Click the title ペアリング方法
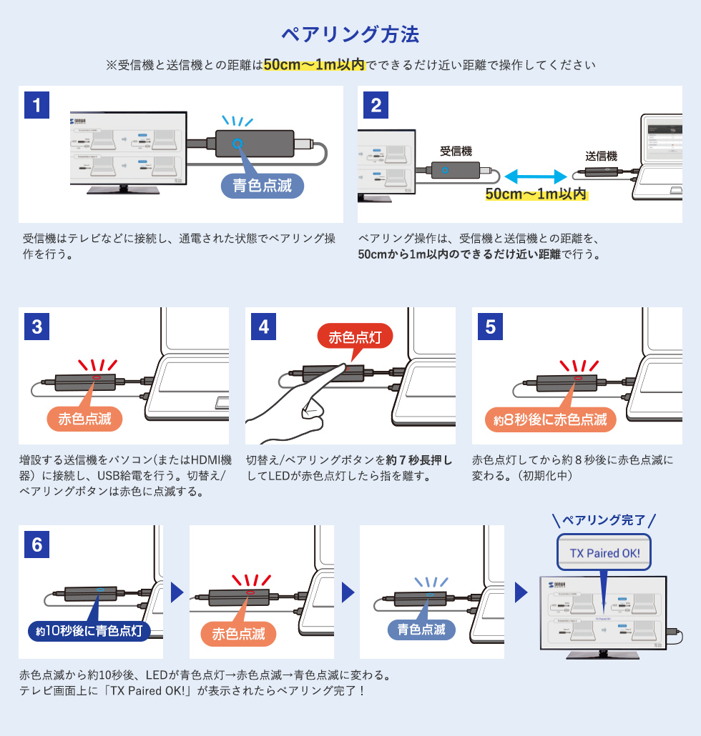tap(350, 34)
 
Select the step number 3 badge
tap(36, 327)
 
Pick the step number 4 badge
tap(264, 327)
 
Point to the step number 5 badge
tap(490, 327)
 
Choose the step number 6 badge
tap(36, 544)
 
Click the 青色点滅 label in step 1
tap(262, 186)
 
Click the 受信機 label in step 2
tap(456, 151)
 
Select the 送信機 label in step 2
tap(601, 156)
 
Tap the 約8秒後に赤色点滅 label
tap(549, 419)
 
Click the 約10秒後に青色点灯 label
tap(89, 630)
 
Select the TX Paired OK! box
tap(604, 553)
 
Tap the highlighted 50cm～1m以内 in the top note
tap(314, 65)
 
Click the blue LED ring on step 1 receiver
tap(237, 143)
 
